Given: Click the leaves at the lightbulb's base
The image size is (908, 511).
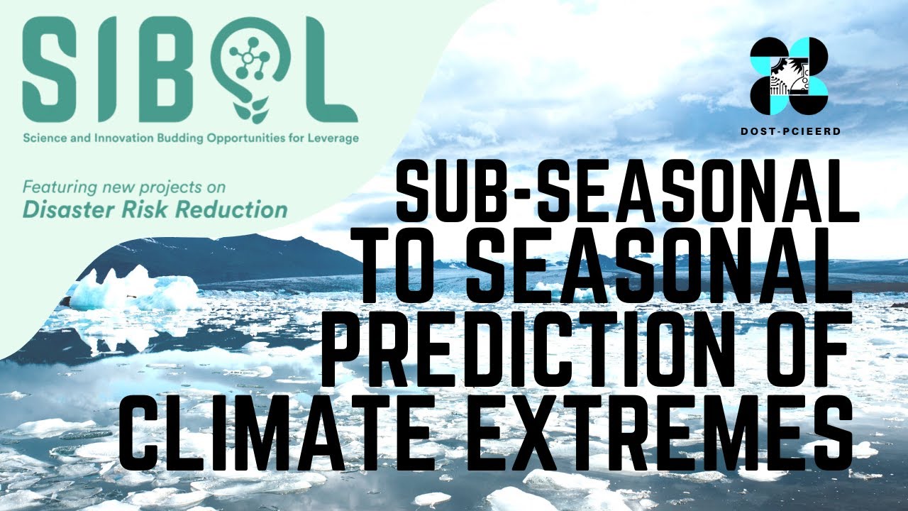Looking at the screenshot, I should pos(253,114).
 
